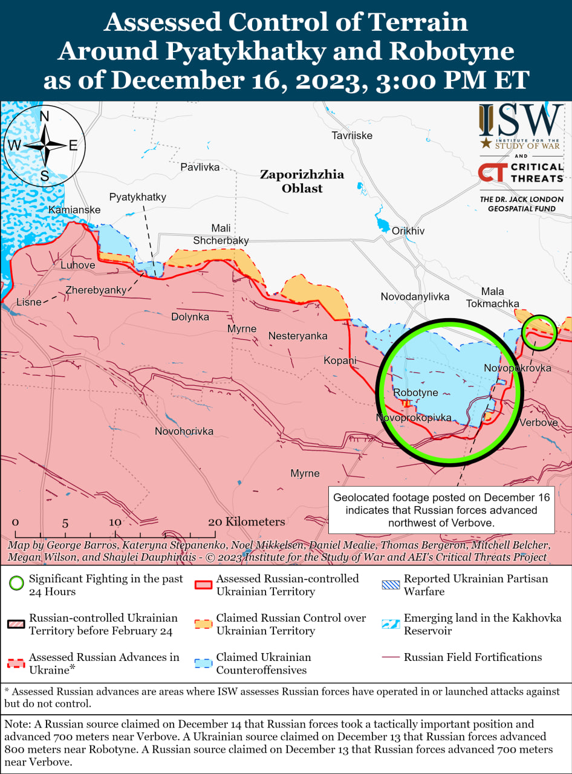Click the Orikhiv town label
[408, 231]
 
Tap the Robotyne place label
[415, 392]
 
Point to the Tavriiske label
[352, 135]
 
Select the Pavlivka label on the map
[200, 166]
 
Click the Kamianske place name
[74, 209]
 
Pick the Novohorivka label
[184, 431]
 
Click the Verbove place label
[538, 422]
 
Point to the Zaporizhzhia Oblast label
[302, 181]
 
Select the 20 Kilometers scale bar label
[246, 521]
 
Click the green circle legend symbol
[17, 584]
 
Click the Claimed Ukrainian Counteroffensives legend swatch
[204, 663]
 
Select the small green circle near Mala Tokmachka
[539, 332]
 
